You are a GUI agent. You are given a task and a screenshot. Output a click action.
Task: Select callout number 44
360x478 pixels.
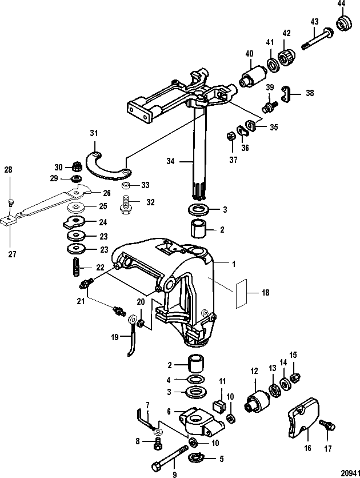[x=341, y=4]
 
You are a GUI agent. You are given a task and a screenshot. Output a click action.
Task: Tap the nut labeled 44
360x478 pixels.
[x=343, y=24]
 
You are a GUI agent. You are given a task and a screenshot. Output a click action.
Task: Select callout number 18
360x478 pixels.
[x=265, y=292]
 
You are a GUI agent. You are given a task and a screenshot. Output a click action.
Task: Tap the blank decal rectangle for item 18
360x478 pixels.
[x=240, y=293]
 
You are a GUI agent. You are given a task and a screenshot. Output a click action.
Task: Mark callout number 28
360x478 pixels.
[x=8, y=169]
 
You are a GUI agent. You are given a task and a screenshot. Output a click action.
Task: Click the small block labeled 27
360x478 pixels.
[x=9, y=218]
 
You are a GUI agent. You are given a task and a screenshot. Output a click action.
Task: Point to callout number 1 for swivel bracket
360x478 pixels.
[x=233, y=265]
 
